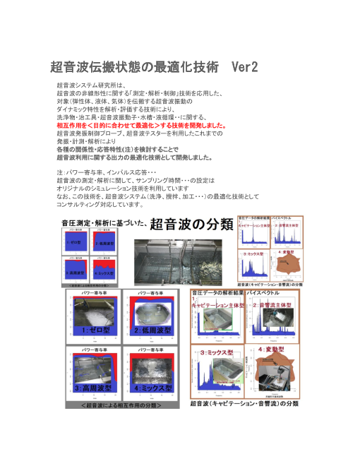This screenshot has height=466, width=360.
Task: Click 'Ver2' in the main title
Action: pos(244,67)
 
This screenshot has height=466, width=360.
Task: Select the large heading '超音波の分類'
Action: pos(191,224)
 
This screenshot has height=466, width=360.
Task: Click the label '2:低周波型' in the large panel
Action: pos(150,330)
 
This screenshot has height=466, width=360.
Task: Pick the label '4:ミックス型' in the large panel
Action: pos(151,388)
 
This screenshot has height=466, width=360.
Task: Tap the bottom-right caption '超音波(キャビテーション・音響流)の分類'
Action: pos(244,403)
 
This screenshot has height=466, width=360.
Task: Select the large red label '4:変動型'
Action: pos(273,350)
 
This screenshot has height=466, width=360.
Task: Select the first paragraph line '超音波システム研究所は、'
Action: pos(90,85)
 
